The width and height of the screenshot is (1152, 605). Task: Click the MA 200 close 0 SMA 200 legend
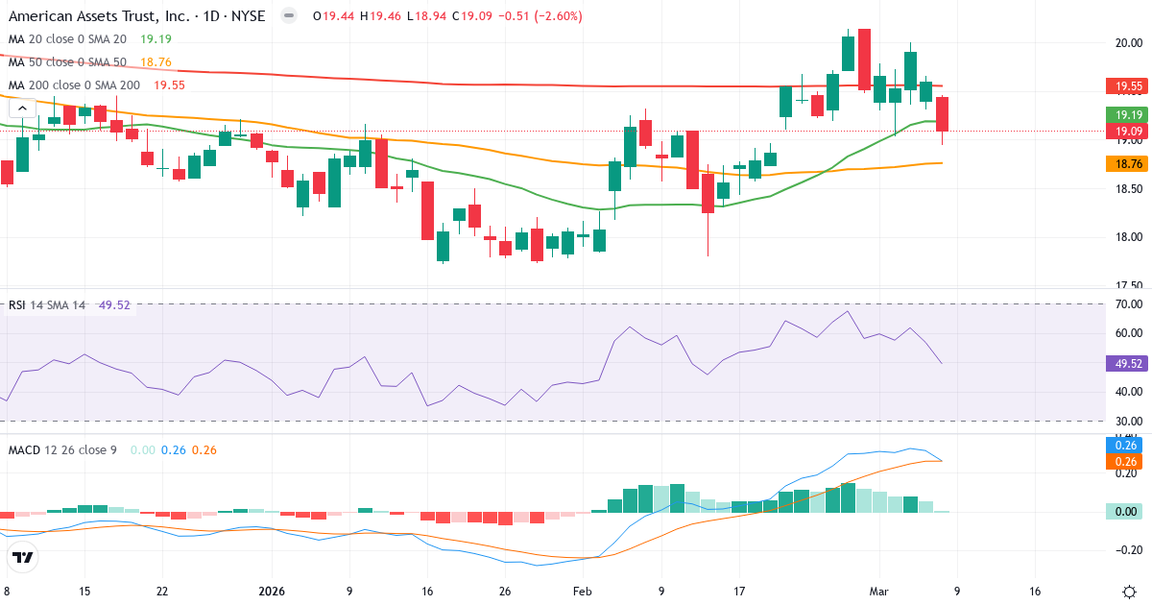click(x=74, y=85)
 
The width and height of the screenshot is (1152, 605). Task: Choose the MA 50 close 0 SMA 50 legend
click(x=67, y=62)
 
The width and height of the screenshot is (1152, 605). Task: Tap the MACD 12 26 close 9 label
click(x=62, y=449)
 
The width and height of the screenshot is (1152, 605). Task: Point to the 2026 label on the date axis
click(x=271, y=592)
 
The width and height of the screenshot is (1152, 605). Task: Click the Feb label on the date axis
click(x=583, y=592)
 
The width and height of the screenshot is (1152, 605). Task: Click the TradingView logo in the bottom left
click(x=23, y=557)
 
